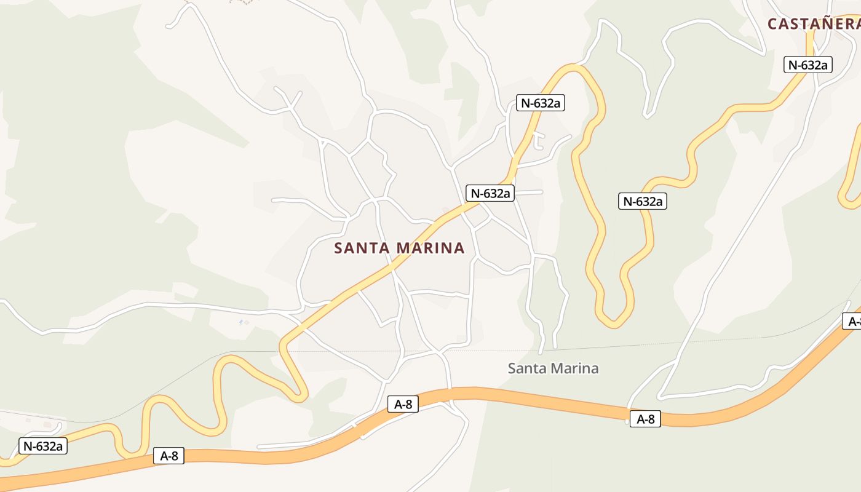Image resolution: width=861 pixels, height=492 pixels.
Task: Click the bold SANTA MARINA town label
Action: [x=399, y=248]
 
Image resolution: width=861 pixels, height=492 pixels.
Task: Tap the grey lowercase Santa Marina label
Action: [x=553, y=368]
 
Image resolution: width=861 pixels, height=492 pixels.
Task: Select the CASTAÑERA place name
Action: [x=814, y=24]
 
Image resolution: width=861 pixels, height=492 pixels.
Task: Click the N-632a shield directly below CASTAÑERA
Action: [x=808, y=65]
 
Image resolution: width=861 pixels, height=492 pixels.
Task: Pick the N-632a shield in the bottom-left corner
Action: [x=43, y=446]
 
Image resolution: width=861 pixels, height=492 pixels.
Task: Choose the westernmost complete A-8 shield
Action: [x=169, y=456]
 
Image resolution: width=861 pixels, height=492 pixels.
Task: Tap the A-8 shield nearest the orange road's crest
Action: [x=403, y=404]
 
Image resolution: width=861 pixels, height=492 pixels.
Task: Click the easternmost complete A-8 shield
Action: [x=645, y=419]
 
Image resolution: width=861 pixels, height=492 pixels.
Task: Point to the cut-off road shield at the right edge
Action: [x=852, y=321]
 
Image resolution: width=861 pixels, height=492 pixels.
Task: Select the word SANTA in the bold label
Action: [x=362, y=248]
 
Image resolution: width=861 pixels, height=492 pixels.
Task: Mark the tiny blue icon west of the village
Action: [x=240, y=322]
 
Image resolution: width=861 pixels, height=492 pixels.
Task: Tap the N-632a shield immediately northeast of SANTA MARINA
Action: [x=490, y=193]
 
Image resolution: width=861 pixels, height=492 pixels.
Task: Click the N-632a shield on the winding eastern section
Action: [x=642, y=201]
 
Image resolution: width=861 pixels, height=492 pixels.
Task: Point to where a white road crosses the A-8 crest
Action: [x=450, y=393]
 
